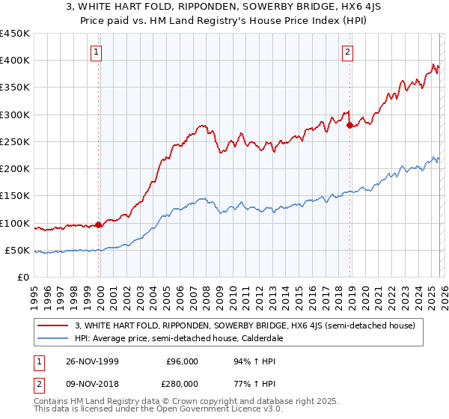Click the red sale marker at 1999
click(99, 224)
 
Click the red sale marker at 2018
click(349, 125)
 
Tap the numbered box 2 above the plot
click(349, 52)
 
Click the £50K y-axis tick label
click(17, 250)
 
